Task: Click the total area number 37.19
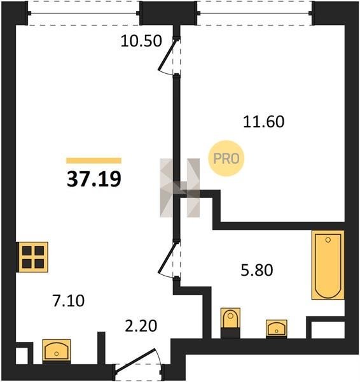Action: click(x=94, y=179)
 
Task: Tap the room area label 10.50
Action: click(x=141, y=41)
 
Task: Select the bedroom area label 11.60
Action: click(x=263, y=122)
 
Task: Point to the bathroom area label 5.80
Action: click(x=257, y=270)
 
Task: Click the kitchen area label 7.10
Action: click(x=69, y=301)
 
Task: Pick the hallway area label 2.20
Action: click(x=141, y=326)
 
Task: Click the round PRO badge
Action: click(x=226, y=159)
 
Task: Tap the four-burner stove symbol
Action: click(x=33, y=257)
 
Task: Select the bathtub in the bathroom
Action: click(x=328, y=265)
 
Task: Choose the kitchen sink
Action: click(x=57, y=351)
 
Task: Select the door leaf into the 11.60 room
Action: click(x=167, y=55)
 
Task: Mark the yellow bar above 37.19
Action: click(x=94, y=160)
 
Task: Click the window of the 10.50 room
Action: click(x=83, y=13)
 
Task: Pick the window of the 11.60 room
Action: click(x=254, y=13)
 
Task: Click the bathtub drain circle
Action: click(x=328, y=240)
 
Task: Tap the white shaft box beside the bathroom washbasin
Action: click(x=328, y=330)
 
